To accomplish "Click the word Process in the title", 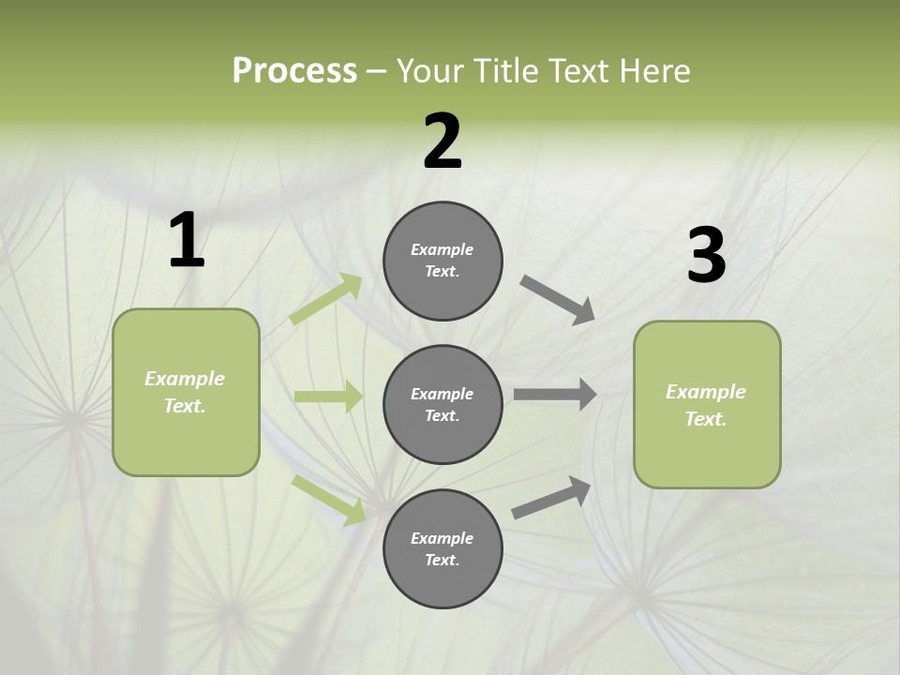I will point(294,71).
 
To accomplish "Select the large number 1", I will point(187,241).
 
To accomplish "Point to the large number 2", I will point(442,142).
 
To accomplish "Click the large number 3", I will point(706,256).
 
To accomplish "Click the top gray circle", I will point(442,261).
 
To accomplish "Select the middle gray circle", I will point(442,404).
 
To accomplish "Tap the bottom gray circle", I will point(442,548).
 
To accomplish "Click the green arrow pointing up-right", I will point(325,299).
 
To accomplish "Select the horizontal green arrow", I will point(328,397).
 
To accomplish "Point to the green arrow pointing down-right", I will point(328,500).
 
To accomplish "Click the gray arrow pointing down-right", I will point(557,300).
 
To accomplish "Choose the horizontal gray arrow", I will point(555,394).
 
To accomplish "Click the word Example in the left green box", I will point(185,379).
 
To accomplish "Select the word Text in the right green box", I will point(704,419).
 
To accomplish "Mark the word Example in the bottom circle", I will point(442,538).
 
